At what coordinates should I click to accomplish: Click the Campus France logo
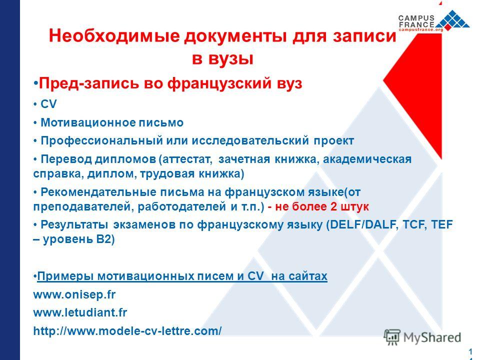tap(434, 21)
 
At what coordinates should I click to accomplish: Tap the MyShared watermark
tap(422, 337)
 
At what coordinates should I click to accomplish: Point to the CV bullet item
tap(48, 104)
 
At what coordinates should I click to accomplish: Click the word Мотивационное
tap(88, 122)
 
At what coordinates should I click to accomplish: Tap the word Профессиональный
tap(101, 141)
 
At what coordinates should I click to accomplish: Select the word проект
tap(333, 141)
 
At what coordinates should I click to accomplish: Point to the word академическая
tap(367, 159)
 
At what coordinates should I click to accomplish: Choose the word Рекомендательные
tap(98, 192)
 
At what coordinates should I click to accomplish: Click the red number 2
tap(333, 206)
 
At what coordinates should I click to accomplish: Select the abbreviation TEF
tap(441, 224)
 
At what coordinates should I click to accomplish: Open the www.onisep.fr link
tap(74, 294)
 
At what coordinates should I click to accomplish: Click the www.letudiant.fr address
tap(80, 312)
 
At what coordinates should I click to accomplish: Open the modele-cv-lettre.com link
tap(127, 331)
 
